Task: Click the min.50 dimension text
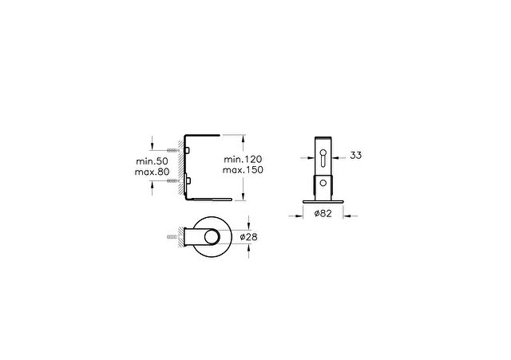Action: pyautogui.click(x=152, y=161)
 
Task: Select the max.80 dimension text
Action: pyautogui.click(x=152, y=172)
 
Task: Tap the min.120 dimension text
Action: pyautogui.click(x=243, y=160)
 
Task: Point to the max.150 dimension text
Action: pyautogui.click(x=243, y=170)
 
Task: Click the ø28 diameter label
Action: pyautogui.click(x=248, y=237)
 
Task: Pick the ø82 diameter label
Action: pyautogui.click(x=323, y=213)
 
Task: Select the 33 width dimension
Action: pyautogui.click(x=355, y=156)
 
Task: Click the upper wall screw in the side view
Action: pyautogui.click(x=173, y=150)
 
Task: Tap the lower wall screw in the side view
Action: pyautogui.click(x=173, y=180)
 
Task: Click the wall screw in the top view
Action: pyautogui.click(x=172, y=237)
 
